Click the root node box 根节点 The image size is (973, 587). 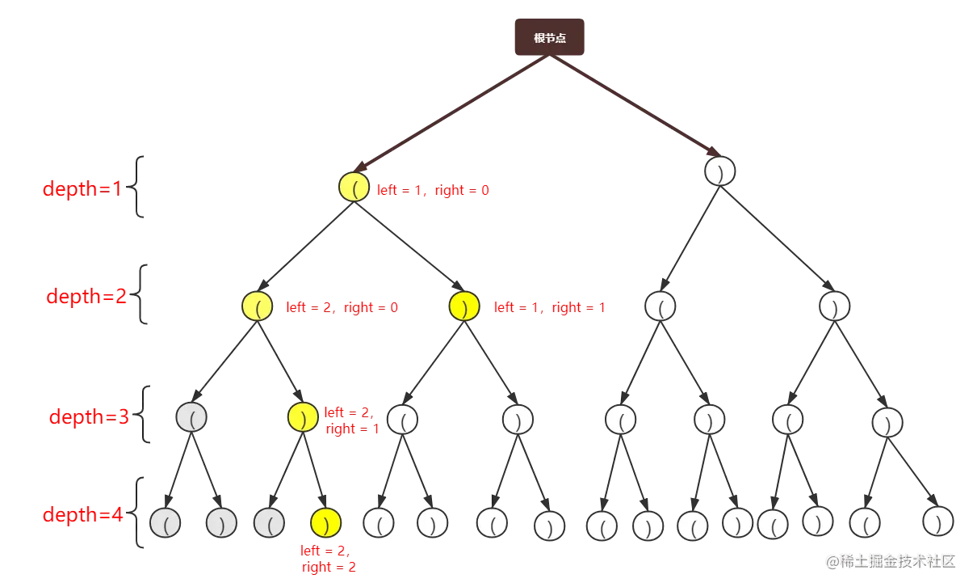pos(549,37)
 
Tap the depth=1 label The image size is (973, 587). pos(82,189)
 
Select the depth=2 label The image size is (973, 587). pos(86,296)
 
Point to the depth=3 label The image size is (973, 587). pos(89,417)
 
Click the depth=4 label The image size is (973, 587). pos(83,514)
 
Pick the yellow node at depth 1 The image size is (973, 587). pos(354,187)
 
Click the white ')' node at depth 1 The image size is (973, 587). pos(719,171)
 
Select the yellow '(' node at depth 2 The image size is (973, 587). pos(257,307)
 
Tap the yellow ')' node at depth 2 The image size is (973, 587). pos(464,307)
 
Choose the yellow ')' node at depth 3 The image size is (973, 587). pos(302,416)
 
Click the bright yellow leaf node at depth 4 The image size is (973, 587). pos(325,523)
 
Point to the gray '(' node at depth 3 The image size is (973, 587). pos(191,416)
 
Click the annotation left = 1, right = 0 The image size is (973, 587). pos(433,192)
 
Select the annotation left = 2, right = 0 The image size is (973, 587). pos(342,308)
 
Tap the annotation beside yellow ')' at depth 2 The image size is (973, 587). pos(550,308)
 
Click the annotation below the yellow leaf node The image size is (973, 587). pos(328,560)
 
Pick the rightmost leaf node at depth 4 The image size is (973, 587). pos(938,522)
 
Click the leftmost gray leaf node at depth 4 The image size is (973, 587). pos(165,523)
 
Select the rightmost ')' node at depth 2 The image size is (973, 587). pos(835,306)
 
